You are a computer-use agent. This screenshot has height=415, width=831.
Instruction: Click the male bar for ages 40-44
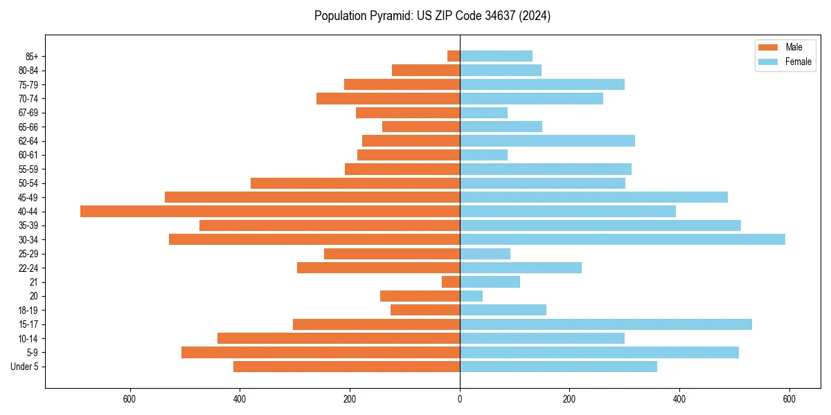(x=270, y=211)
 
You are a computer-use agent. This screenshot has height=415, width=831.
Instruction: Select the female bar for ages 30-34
(x=622, y=239)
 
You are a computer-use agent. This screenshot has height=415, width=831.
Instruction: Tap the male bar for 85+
(x=454, y=56)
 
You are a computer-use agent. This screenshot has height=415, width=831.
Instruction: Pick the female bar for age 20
(x=471, y=296)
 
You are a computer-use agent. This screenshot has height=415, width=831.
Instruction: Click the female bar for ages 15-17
(x=606, y=324)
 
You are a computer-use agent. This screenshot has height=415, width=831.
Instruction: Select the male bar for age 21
(x=451, y=282)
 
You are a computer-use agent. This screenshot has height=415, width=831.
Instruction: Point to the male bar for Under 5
(x=346, y=367)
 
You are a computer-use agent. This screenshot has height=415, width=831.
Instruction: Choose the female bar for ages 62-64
(x=547, y=140)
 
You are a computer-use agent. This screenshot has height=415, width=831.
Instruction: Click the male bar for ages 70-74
(x=388, y=98)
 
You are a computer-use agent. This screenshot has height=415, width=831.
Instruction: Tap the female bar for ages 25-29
(x=485, y=254)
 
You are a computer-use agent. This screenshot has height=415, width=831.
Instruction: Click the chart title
(x=432, y=16)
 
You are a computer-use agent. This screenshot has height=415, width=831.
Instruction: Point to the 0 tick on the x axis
(x=460, y=399)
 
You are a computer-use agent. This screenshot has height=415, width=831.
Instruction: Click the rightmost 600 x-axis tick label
(x=789, y=399)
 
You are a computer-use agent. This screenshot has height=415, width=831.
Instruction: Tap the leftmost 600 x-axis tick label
(x=129, y=399)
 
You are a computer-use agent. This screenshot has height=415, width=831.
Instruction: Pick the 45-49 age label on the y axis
(x=28, y=197)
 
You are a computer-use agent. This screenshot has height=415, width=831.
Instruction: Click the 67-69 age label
(x=28, y=113)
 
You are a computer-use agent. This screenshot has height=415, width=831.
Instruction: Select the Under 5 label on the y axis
(x=24, y=367)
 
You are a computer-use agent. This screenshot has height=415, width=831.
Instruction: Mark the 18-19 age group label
(x=28, y=310)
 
